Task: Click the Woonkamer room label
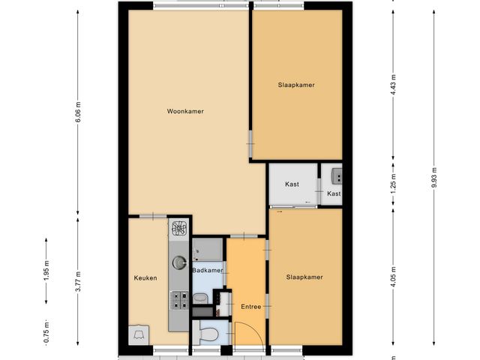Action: (x=185, y=111)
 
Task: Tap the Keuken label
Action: (x=145, y=277)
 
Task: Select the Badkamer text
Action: (x=207, y=270)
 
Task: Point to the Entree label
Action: (x=250, y=307)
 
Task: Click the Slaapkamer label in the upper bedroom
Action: (x=295, y=85)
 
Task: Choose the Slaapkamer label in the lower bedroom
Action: (x=304, y=277)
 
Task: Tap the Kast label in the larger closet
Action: (x=292, y=184)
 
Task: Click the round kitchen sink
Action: (x=179, y=262)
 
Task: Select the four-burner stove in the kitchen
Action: (x=179, y=301)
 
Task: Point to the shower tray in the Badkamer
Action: (x=206, y=250)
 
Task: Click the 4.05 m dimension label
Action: (x=393, y=278)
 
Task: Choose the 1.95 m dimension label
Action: (x=46, y=270)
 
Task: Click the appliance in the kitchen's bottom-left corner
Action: (x=139, y=334)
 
